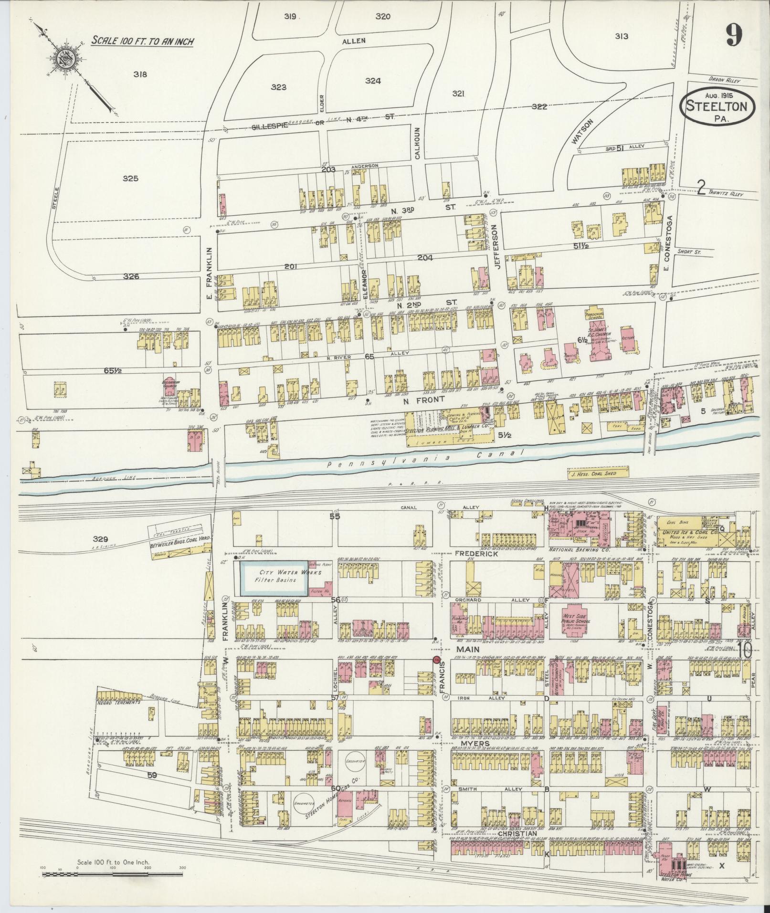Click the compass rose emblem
point(63,59)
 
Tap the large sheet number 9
point(734,35)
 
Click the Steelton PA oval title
point(718,108)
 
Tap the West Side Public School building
point(574,621)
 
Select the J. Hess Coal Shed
point(598,473)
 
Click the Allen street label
point(354,41)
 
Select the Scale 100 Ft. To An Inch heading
point(142,41)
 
